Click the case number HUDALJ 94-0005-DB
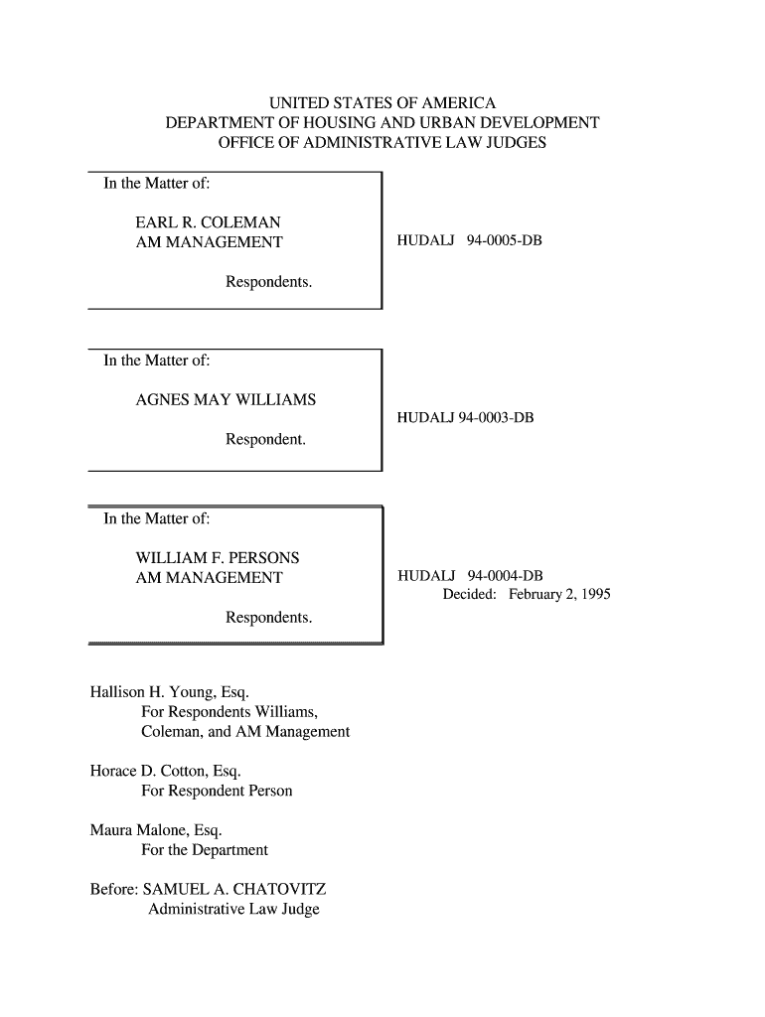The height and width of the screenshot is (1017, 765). (469, 241)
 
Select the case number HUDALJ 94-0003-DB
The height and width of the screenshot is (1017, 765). (465, 418)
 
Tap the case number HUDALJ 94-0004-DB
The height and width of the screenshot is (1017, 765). (470, 576)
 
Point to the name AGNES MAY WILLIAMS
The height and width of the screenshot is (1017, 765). (226, 399)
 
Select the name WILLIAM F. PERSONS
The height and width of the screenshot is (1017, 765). (217, 557)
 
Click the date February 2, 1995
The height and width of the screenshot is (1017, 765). (559, 595)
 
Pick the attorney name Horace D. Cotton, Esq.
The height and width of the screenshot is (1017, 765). (166, 771)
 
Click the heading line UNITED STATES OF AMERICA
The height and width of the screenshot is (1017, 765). (382, 103)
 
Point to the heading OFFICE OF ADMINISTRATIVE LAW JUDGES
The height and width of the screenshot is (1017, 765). (382, 143)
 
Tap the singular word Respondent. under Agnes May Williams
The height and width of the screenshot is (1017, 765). (265, 439)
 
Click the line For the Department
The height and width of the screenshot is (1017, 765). (205, 849)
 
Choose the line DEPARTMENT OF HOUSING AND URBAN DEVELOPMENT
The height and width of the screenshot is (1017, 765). (382, 123)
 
